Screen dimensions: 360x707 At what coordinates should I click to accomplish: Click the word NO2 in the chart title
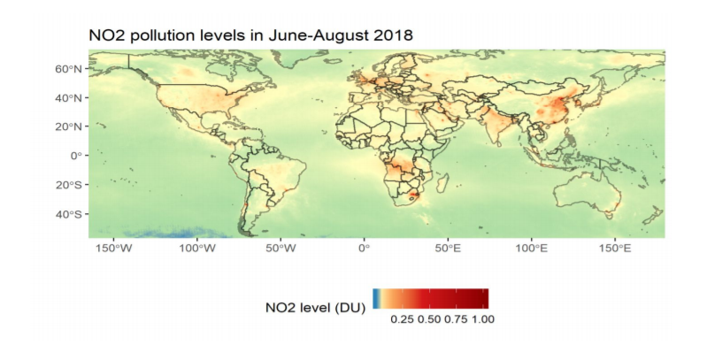104,34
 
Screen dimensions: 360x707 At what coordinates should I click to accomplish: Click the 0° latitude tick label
75,155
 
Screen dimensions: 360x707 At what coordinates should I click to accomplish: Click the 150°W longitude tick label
115,249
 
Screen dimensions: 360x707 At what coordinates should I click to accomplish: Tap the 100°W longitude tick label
198,249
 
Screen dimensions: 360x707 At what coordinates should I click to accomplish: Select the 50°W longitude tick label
281,249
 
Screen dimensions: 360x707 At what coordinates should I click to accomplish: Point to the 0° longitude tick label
364,249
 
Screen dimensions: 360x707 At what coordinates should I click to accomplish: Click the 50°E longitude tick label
448,249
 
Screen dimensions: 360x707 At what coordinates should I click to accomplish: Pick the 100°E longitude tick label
531,249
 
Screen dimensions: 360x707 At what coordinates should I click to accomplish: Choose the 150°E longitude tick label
615,249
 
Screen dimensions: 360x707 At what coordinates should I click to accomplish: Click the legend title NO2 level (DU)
315,309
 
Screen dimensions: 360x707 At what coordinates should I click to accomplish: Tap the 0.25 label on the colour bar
403,318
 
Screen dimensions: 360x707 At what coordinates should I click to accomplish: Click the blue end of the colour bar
376,298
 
